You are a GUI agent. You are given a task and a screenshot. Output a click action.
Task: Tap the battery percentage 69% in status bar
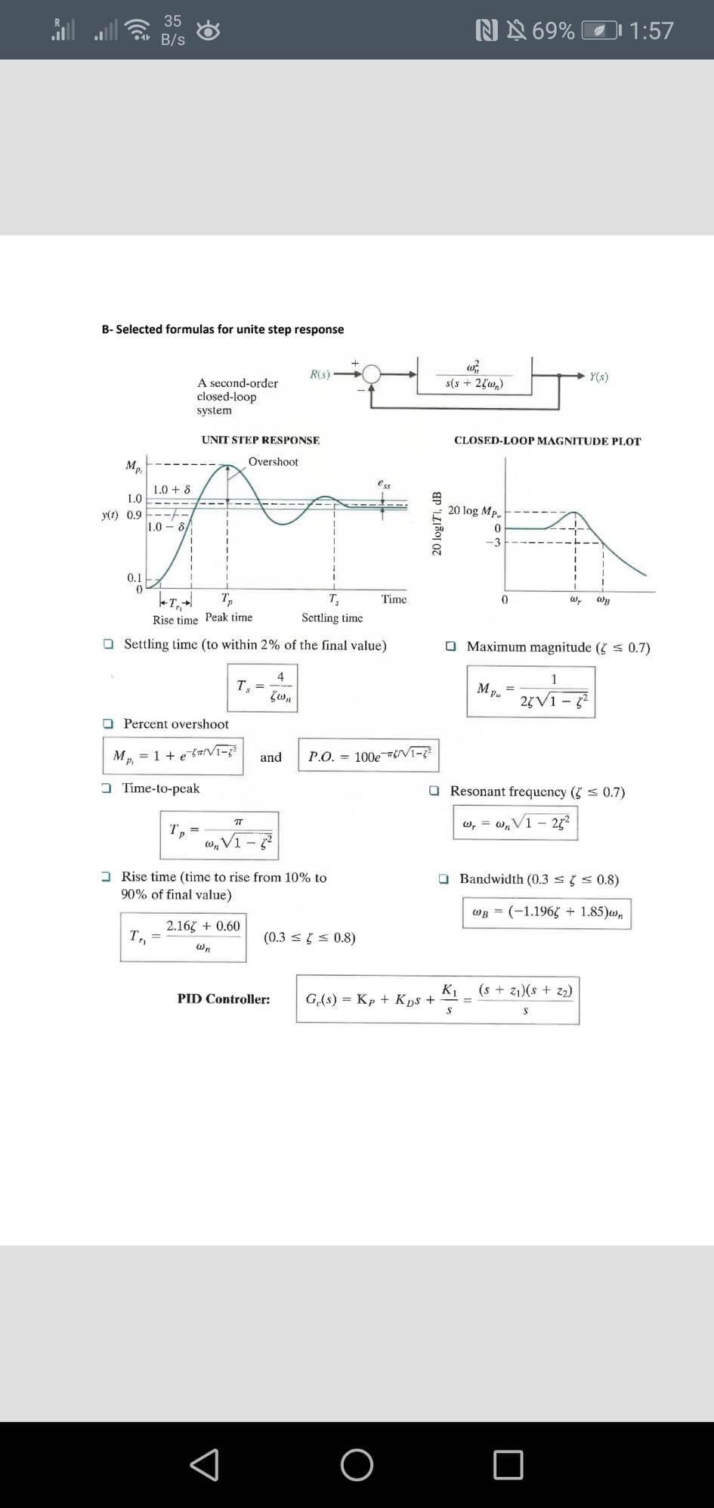(553, 30)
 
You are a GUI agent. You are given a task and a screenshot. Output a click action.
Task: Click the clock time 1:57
(651, 30)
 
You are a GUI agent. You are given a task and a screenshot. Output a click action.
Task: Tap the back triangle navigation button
(205, 1464)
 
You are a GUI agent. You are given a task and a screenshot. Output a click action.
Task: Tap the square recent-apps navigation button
(508, 1464)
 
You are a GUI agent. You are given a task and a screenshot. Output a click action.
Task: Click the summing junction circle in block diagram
(372, 374)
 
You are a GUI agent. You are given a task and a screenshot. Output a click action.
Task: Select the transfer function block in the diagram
(474, 376)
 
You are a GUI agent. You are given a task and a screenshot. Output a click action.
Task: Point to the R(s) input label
(320, 374)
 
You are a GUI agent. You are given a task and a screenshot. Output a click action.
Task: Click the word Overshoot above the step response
(273, 462)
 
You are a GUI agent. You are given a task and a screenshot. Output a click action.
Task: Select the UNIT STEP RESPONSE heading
(260, 440)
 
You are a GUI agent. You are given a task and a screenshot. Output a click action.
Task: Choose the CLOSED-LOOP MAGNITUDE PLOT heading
(547, 441)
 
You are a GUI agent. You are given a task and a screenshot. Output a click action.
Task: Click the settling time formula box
(262, 687)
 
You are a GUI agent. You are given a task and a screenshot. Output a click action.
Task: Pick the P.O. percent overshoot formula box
(369, 755)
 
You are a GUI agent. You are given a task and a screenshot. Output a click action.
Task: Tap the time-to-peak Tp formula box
(219, 835)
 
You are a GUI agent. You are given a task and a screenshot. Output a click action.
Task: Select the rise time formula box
(183, 937)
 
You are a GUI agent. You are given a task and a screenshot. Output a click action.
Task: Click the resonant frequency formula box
(516, 822)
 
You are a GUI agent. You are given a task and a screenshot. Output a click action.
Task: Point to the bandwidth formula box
(546, 912)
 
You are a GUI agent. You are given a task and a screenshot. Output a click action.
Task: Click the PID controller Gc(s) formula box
(437, 999)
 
